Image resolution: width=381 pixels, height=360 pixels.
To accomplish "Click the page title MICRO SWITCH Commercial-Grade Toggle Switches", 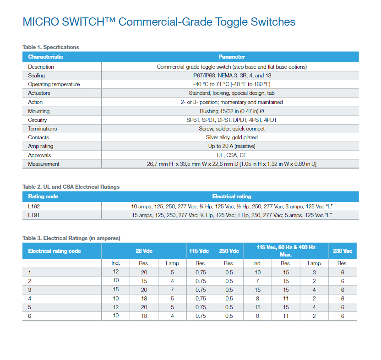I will point(159,22).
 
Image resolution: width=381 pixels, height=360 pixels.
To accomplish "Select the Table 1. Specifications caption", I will point(51,47).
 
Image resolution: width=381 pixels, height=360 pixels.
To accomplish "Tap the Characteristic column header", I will point(46,57).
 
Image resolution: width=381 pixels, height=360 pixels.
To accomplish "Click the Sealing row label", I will point(36,76).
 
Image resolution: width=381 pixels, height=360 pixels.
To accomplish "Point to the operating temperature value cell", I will point(232,84).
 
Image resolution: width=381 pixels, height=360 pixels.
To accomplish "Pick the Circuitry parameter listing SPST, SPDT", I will point(232,120).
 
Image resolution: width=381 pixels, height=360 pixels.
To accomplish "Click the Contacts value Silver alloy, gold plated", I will point(232,137).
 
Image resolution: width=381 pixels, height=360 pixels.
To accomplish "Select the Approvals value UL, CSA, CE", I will point(232,155).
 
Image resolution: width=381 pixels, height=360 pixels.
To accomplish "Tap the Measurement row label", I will point(44,164).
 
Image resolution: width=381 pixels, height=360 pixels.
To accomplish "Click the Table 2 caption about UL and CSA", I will point(71,187).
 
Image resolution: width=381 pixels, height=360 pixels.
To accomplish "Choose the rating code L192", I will point(34,207).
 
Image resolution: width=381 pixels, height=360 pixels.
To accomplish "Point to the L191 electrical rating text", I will point(232,215).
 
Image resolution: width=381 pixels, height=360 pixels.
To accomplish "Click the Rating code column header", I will point(43,196).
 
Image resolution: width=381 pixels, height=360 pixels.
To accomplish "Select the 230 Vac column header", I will point(343,251).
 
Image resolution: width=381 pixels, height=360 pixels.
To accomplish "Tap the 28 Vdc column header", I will point(144,251).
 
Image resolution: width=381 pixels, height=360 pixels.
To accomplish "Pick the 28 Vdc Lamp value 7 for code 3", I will point(172,290).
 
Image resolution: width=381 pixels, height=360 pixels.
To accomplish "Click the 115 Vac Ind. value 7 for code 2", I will point(257,281).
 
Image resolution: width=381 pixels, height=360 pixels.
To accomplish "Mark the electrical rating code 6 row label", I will point(30,316).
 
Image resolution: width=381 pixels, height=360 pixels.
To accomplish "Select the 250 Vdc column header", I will point(229,251).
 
